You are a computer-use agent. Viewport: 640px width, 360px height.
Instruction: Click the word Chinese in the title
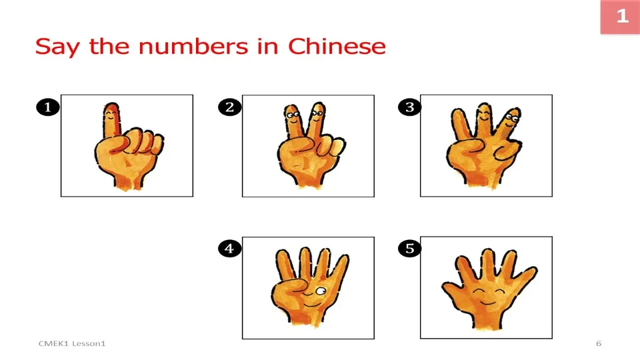(337, 47)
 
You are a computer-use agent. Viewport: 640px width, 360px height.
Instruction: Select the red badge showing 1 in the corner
(621, 17)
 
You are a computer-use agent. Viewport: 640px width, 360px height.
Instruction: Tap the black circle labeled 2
(229, 107)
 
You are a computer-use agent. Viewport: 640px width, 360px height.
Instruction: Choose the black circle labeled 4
(229, 249)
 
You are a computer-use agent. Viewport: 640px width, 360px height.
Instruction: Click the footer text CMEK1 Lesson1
(72, 343)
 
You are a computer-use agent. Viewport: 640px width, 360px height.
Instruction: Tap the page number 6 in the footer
(598, 343)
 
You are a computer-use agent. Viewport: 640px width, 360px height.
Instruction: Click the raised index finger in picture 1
(112, 120)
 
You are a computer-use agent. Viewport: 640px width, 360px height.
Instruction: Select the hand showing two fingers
(306, 147)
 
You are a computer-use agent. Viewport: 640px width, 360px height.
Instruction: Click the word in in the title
(267, 47)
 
